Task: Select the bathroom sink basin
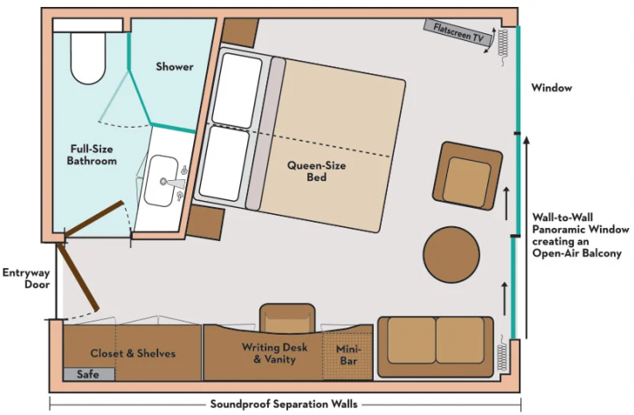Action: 161,181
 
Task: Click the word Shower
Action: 175,66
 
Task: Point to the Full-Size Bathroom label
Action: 92,155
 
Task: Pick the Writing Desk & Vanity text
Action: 273,353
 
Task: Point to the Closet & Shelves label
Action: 133,353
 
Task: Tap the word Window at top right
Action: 552,88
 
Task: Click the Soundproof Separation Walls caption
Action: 284,405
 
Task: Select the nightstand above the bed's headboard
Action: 238,34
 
